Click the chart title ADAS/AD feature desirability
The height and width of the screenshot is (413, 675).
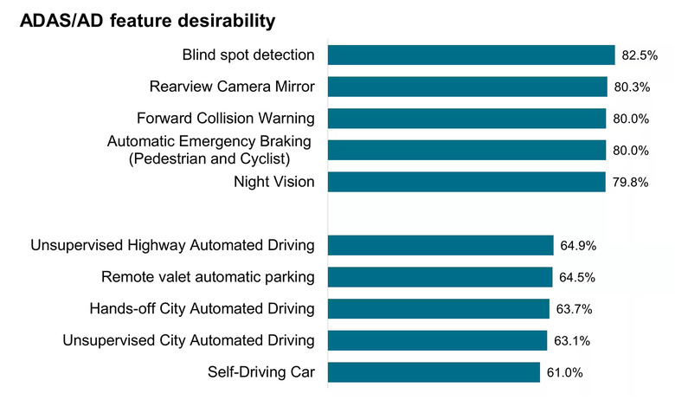147,21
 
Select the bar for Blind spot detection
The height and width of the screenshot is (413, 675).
471,55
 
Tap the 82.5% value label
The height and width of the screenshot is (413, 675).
640,55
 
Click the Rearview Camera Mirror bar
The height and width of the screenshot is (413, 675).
467,87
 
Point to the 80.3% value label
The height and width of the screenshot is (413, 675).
632,87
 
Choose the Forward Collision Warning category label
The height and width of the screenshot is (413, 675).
226,119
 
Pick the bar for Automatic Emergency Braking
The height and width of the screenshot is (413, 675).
466,150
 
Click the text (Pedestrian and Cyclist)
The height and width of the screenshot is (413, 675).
209,159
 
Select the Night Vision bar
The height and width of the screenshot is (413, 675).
466,182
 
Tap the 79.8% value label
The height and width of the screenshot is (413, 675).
630,183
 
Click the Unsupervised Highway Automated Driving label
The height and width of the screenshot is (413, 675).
172,246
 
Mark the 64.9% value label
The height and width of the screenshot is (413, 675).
578,246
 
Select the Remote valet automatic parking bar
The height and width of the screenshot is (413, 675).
440,277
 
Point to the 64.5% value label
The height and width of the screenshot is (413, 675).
577,278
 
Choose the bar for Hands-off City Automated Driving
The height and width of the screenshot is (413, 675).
438,309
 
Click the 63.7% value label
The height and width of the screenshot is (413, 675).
575,309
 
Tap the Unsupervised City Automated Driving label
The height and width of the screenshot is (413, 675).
189,340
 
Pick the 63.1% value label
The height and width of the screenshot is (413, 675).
572,341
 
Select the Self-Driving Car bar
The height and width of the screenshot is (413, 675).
434,372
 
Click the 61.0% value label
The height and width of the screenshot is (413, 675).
565,372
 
